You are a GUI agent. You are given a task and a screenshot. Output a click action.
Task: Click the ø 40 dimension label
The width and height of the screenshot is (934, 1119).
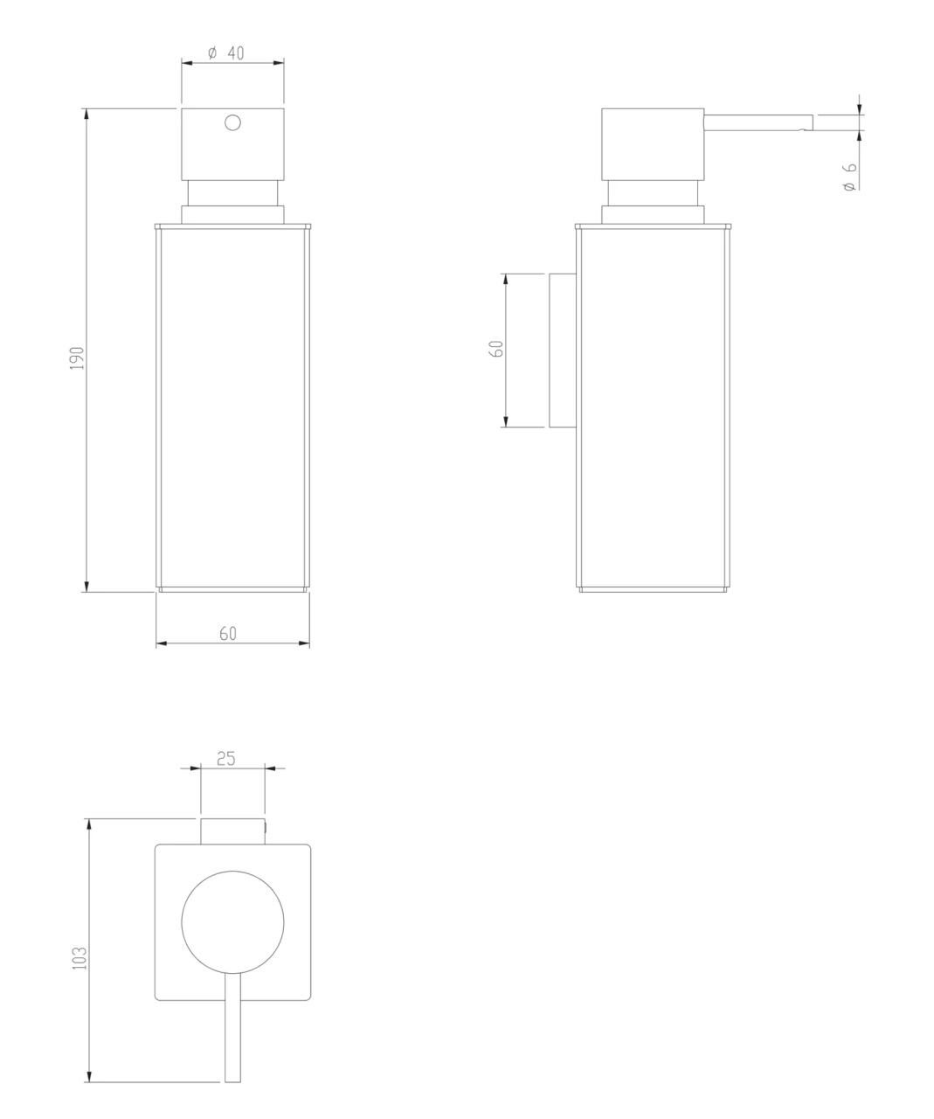point(225,53)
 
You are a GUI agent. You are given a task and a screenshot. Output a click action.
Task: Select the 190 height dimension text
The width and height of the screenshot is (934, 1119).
point(77,358)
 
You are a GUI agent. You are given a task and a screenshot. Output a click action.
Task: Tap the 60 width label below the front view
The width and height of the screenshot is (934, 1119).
point(228,634)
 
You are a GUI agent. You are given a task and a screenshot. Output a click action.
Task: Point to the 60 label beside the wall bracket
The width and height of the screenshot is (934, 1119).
point(496,348)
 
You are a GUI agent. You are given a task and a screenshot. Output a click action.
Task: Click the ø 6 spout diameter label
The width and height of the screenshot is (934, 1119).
point(849,177)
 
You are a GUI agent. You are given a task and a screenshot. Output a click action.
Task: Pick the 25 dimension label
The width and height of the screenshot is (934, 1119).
point(226,758)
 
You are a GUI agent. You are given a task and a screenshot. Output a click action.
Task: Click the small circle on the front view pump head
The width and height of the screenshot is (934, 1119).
point(232,122)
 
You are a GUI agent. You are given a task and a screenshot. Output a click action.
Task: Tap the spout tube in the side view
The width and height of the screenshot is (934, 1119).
point(758,122)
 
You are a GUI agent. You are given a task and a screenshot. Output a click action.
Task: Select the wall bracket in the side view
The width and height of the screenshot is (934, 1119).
point(563,351)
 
